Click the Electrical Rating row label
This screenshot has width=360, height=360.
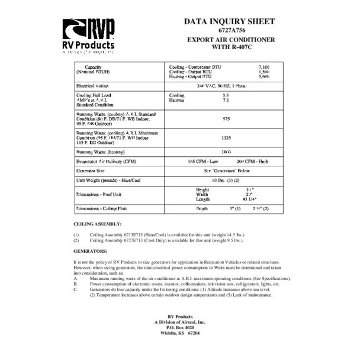point(97,86)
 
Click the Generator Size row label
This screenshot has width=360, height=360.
point(93,170)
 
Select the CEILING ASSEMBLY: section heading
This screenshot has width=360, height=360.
point(97,224)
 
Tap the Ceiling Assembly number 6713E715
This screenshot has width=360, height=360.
point(132,235)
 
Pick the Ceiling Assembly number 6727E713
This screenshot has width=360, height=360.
point(132,240)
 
